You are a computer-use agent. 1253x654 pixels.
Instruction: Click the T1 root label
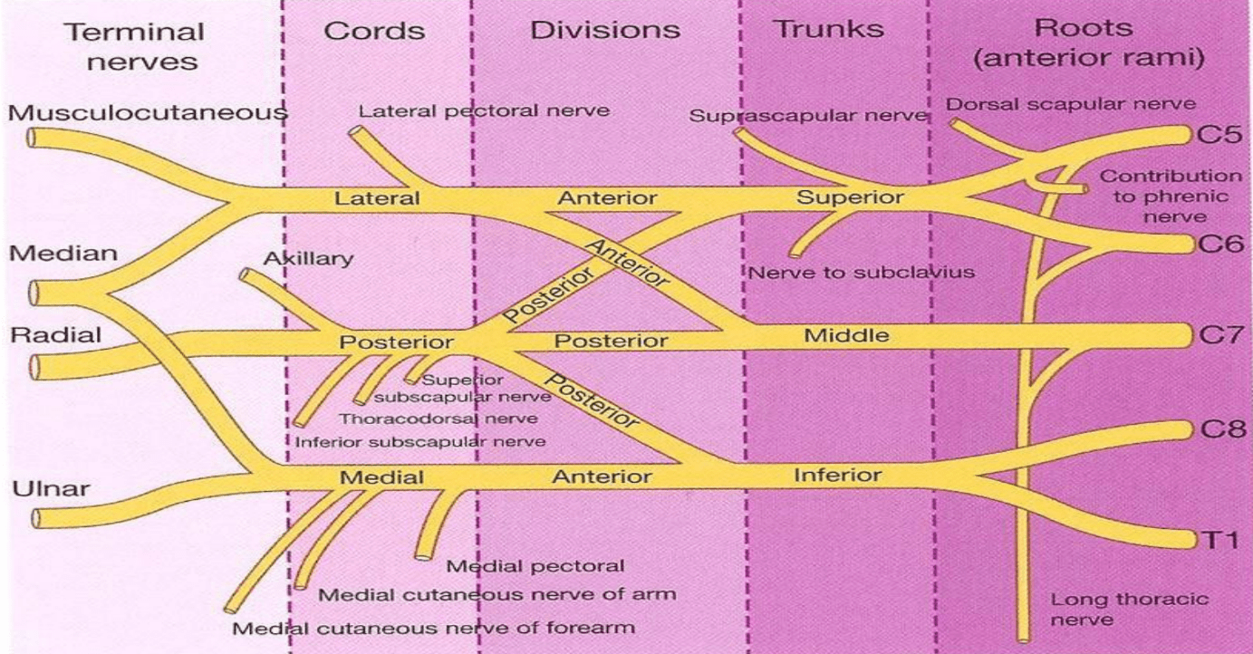pyautogui.click(x=1219, y=541)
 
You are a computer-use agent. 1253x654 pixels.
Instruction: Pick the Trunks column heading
pyautogui.click(x=828, y=29)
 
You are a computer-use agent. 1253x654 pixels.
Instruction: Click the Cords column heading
pyautogui.click(x=374, y=30)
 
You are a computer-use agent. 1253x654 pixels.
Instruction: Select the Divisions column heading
pyautogui.click(x=606, y=29)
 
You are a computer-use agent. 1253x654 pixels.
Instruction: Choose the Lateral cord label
pyautogui.click(x=378, y=197)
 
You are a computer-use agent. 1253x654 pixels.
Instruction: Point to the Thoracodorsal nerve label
pyautogui.click(x=439, y=418)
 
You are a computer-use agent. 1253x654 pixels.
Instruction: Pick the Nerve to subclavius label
pyautogui.click(x=862, y=272)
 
